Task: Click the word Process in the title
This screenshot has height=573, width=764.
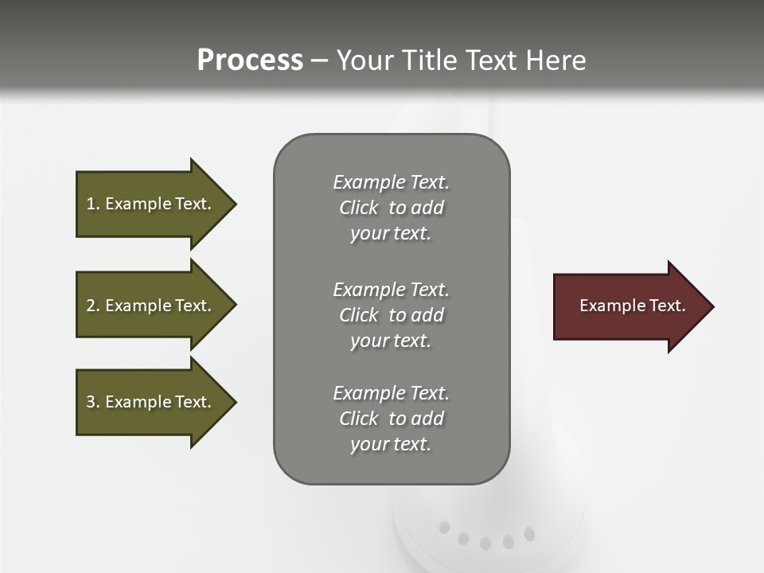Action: [250, 60]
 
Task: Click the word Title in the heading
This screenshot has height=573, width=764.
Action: [428, 60]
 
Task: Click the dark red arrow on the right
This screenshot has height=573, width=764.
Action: [629, 306]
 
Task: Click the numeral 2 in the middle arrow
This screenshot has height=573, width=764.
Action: [91, 306]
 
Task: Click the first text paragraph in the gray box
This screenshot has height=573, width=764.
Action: [391, 208]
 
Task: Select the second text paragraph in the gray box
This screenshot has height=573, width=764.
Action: [391, 315]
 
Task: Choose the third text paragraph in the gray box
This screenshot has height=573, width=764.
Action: [391, 419]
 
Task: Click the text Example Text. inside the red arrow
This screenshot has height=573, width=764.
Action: [632, 306]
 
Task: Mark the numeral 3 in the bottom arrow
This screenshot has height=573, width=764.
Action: [91, 402]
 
